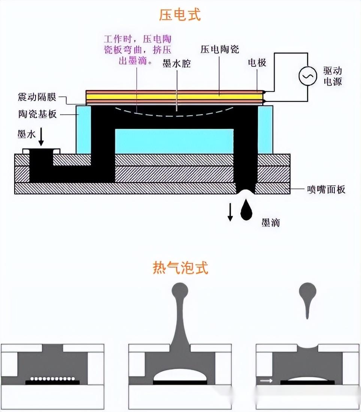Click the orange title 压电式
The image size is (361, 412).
(180, 15)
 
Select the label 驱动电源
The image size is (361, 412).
(333, 76)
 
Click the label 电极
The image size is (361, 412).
(257, 62)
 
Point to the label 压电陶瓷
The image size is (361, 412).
(220, 49)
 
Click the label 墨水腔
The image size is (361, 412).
(177, 64)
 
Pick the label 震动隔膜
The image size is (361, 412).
(37, 98)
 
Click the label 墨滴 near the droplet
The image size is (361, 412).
(271, 223)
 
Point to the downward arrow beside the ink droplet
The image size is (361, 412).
(230, 213)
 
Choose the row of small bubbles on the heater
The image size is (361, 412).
(52, 378)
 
